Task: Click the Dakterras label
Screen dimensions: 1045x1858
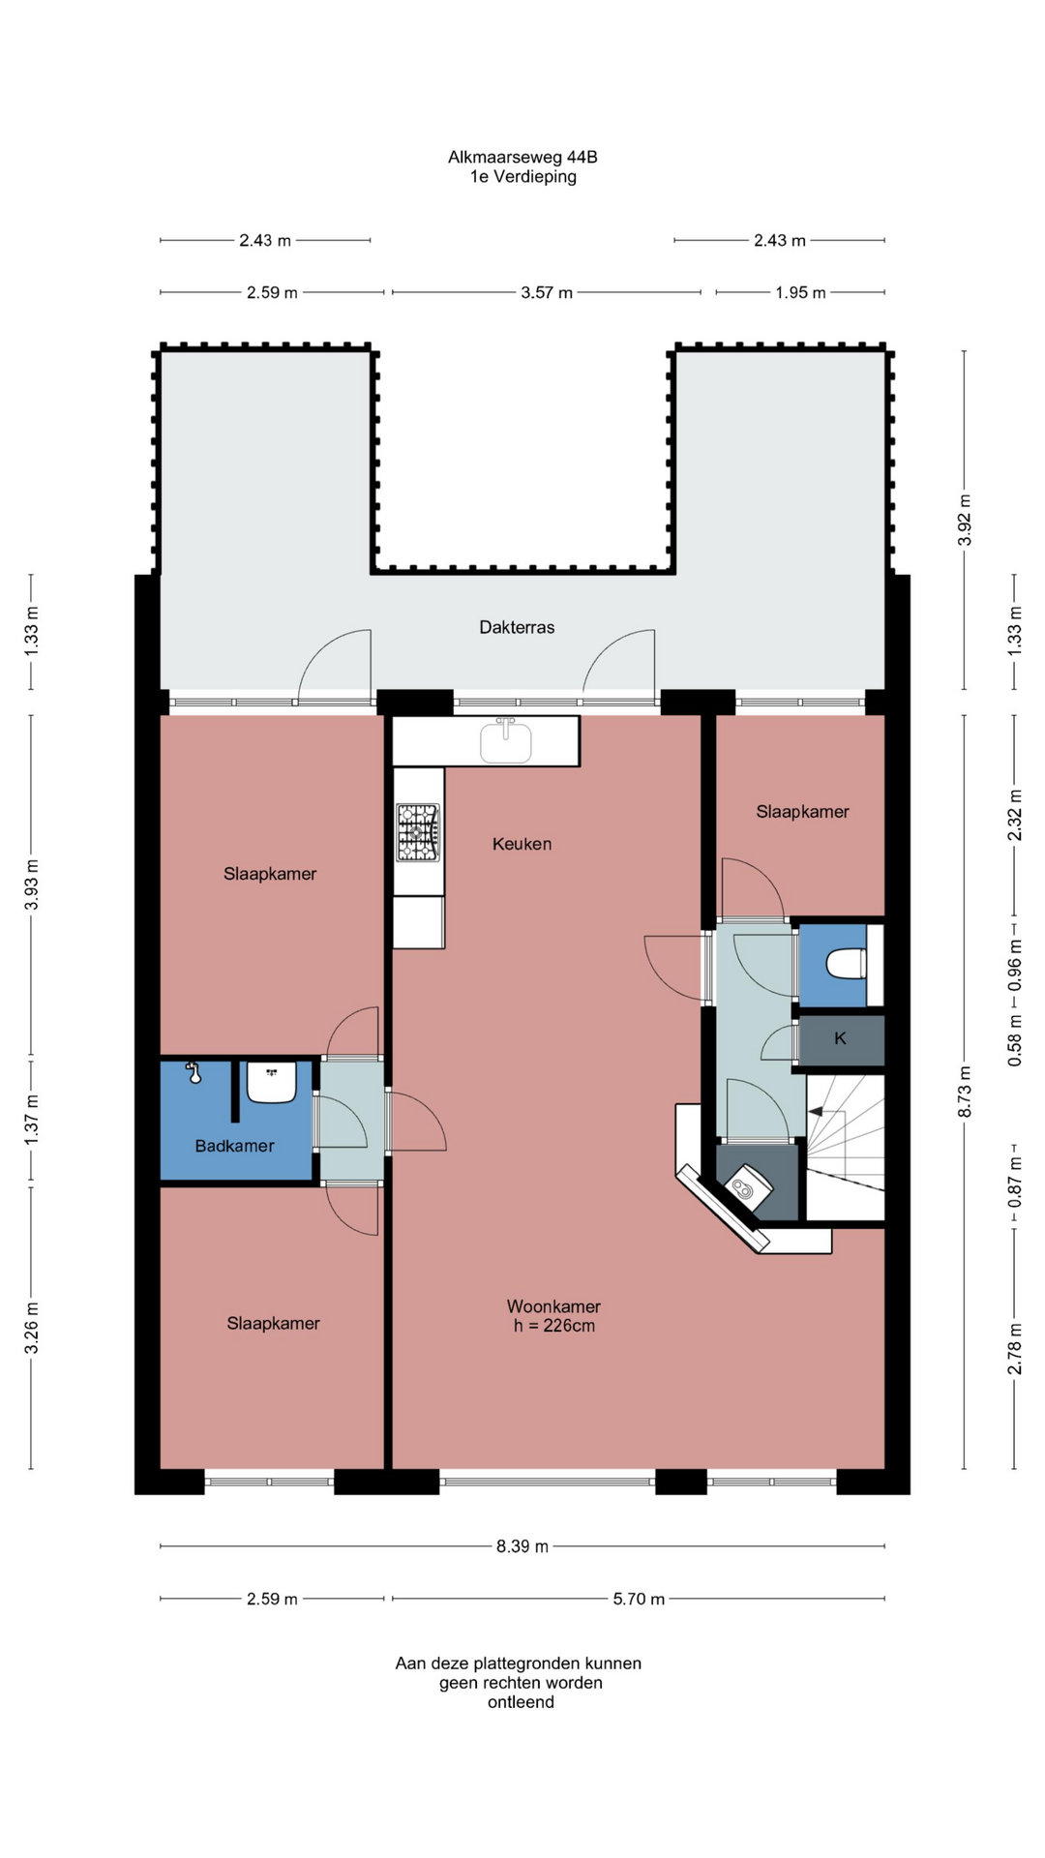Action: pyautogui.click(x=517, y=627)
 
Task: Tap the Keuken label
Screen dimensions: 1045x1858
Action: pyautogui.click(x=522, y=844)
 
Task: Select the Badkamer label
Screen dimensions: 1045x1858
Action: pyautogui.click(x=234, y=1146)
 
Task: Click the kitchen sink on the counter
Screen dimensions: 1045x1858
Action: pyautogui.click(x=505, y=741)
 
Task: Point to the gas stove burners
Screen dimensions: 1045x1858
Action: pyautogui.click(x=417, y=832)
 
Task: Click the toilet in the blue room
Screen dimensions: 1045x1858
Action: pyautogui.click(x=846, y=965)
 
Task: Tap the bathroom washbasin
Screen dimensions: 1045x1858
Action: pyautogui.click(x=271, y=1082)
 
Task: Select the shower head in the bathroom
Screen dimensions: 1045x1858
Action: pyautogui.click(x=194, y=1073)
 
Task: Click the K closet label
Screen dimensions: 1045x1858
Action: pyautogui.click(x=840, y=1038)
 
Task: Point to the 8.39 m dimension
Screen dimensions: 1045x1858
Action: pyautogui.click(x=522, y=1546)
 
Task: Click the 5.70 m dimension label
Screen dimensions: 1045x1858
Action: pyautogui.click(x=639, y=1599)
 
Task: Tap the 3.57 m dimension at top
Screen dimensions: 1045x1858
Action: pyautogui.click(x=547, y=292)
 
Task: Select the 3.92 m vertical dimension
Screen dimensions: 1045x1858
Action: pyautogui.click(x=965, y=520)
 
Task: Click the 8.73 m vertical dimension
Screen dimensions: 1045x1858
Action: pyautogui.click(x=965, y=1092)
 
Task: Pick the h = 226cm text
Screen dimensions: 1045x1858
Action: pyautogui.click(x=554, y=1326)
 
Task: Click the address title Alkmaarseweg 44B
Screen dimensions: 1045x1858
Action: pyautogui.click(x=522, y=157)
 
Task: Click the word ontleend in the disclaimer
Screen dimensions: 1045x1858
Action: pyautogui.click(x=521, y=1702)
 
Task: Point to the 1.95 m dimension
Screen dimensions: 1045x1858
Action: pyautogui.click(x=800, y=292)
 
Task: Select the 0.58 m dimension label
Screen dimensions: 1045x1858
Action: pyautogui.click(x=1015, y=1040)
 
